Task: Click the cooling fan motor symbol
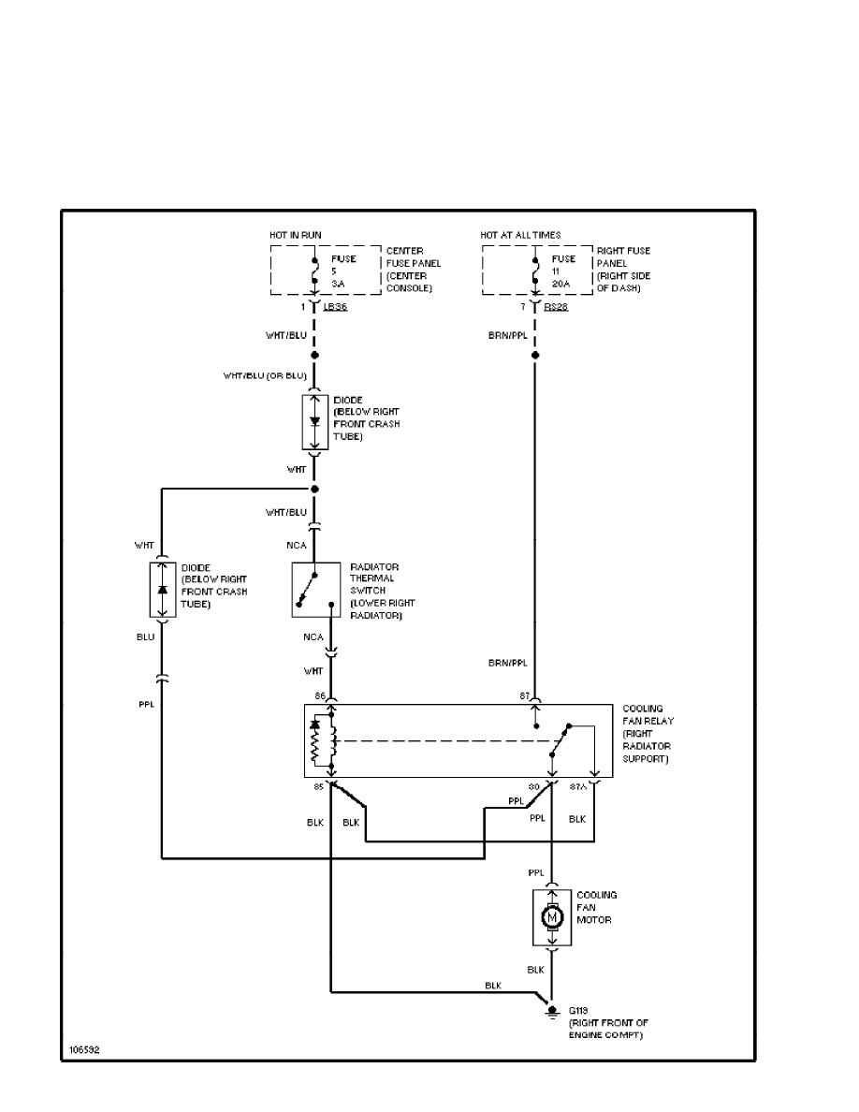click(551, 915)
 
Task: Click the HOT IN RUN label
click(296, 234)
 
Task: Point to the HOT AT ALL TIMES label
click(521, 234)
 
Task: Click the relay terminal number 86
click(320, 695)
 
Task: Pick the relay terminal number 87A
click(578, 787)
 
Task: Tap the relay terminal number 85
click(319, 787)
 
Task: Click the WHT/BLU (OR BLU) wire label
click(264, 376)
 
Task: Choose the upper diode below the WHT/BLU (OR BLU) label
click(314, 421)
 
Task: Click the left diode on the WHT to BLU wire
click(162, 590)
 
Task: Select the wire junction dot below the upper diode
click(314, 490)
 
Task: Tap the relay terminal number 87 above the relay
click(525, 695)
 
